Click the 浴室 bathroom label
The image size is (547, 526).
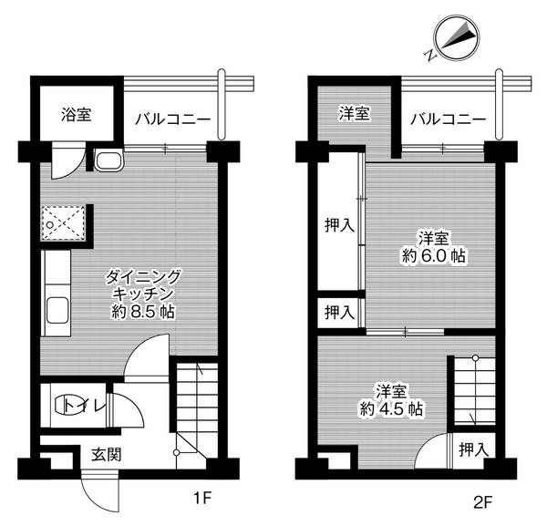[76, 116]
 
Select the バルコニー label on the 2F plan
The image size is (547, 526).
[446, 119]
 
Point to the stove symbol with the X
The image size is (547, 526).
[65, 222]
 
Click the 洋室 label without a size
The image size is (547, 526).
[355, 114]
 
